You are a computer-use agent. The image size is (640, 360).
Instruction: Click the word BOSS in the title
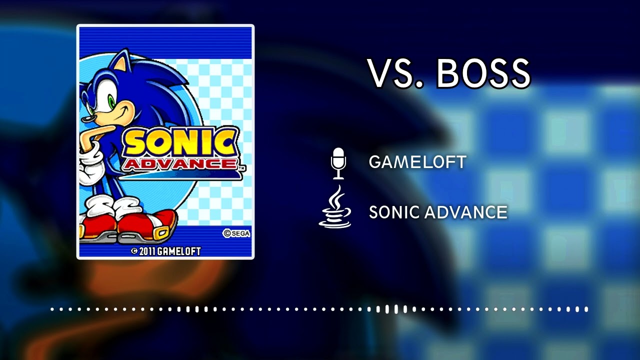coord(483,73)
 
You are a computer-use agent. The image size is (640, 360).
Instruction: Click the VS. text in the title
coord(397,73)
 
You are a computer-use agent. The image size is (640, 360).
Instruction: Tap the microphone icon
coord(338,163)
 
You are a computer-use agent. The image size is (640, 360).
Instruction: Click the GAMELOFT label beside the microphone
coord(417,162)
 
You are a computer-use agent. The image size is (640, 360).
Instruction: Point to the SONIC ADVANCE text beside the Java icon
coord(438,212)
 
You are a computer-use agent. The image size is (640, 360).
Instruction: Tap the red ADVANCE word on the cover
coord(179,164)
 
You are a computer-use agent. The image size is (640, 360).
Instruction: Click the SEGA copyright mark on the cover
coord(236,233)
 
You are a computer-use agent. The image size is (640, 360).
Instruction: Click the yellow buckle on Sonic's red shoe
coord(162,233)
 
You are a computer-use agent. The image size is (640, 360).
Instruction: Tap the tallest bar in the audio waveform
coord(396,309)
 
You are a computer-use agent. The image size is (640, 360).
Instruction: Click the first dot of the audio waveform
coord(52,309)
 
